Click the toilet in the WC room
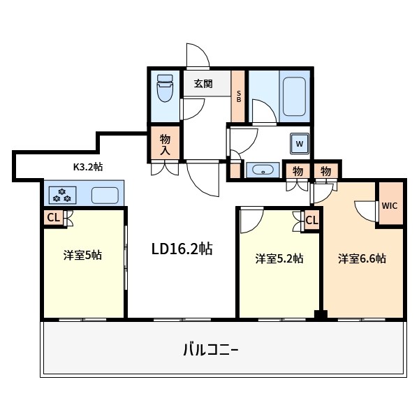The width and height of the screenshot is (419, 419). [x=165, y=88]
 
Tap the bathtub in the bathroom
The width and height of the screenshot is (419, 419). [x=294, y=96]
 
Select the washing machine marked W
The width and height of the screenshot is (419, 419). [x=300, y=144]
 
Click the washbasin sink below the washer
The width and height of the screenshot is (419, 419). [x=263, y=170]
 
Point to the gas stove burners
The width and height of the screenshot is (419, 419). [x=62, y=195]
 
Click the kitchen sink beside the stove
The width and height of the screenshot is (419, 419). [x=105, y=196]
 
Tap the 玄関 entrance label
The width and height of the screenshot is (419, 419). [x=203, y=84]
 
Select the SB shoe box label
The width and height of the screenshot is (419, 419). [x=239, y=96]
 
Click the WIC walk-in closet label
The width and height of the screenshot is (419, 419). [x=390, y=206]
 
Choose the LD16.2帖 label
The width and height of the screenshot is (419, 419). [x=182, y=249]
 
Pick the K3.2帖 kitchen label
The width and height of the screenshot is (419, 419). [x=88, y=167]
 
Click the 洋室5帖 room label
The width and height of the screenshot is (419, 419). [x=82, y=255]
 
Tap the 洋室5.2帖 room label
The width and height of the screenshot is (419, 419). [x=279, y=258]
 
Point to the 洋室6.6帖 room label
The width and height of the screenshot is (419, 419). [x=362, y=258]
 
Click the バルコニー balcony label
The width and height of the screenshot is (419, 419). [x=211, y=350]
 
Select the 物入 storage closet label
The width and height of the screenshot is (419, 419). [x=165, y=145]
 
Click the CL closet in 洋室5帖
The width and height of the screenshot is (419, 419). [x=54, y=218]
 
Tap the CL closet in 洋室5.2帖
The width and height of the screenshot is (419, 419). [x=312, y=221]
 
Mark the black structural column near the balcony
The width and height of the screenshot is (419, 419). [x=321, y=314]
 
